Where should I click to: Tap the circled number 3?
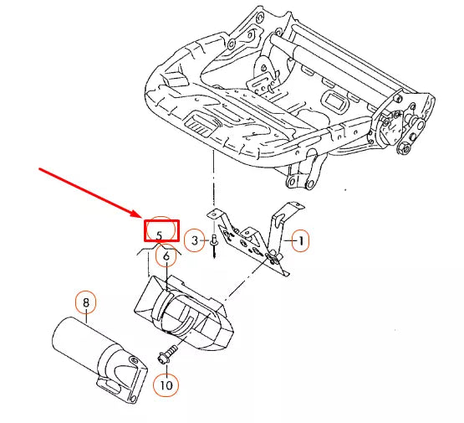[193, 241]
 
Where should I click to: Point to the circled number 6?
[166, 255]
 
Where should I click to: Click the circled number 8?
[85, 301]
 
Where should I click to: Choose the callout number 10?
[166, 385]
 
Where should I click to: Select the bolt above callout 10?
[167, 356]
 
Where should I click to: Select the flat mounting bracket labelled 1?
[251, 239]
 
